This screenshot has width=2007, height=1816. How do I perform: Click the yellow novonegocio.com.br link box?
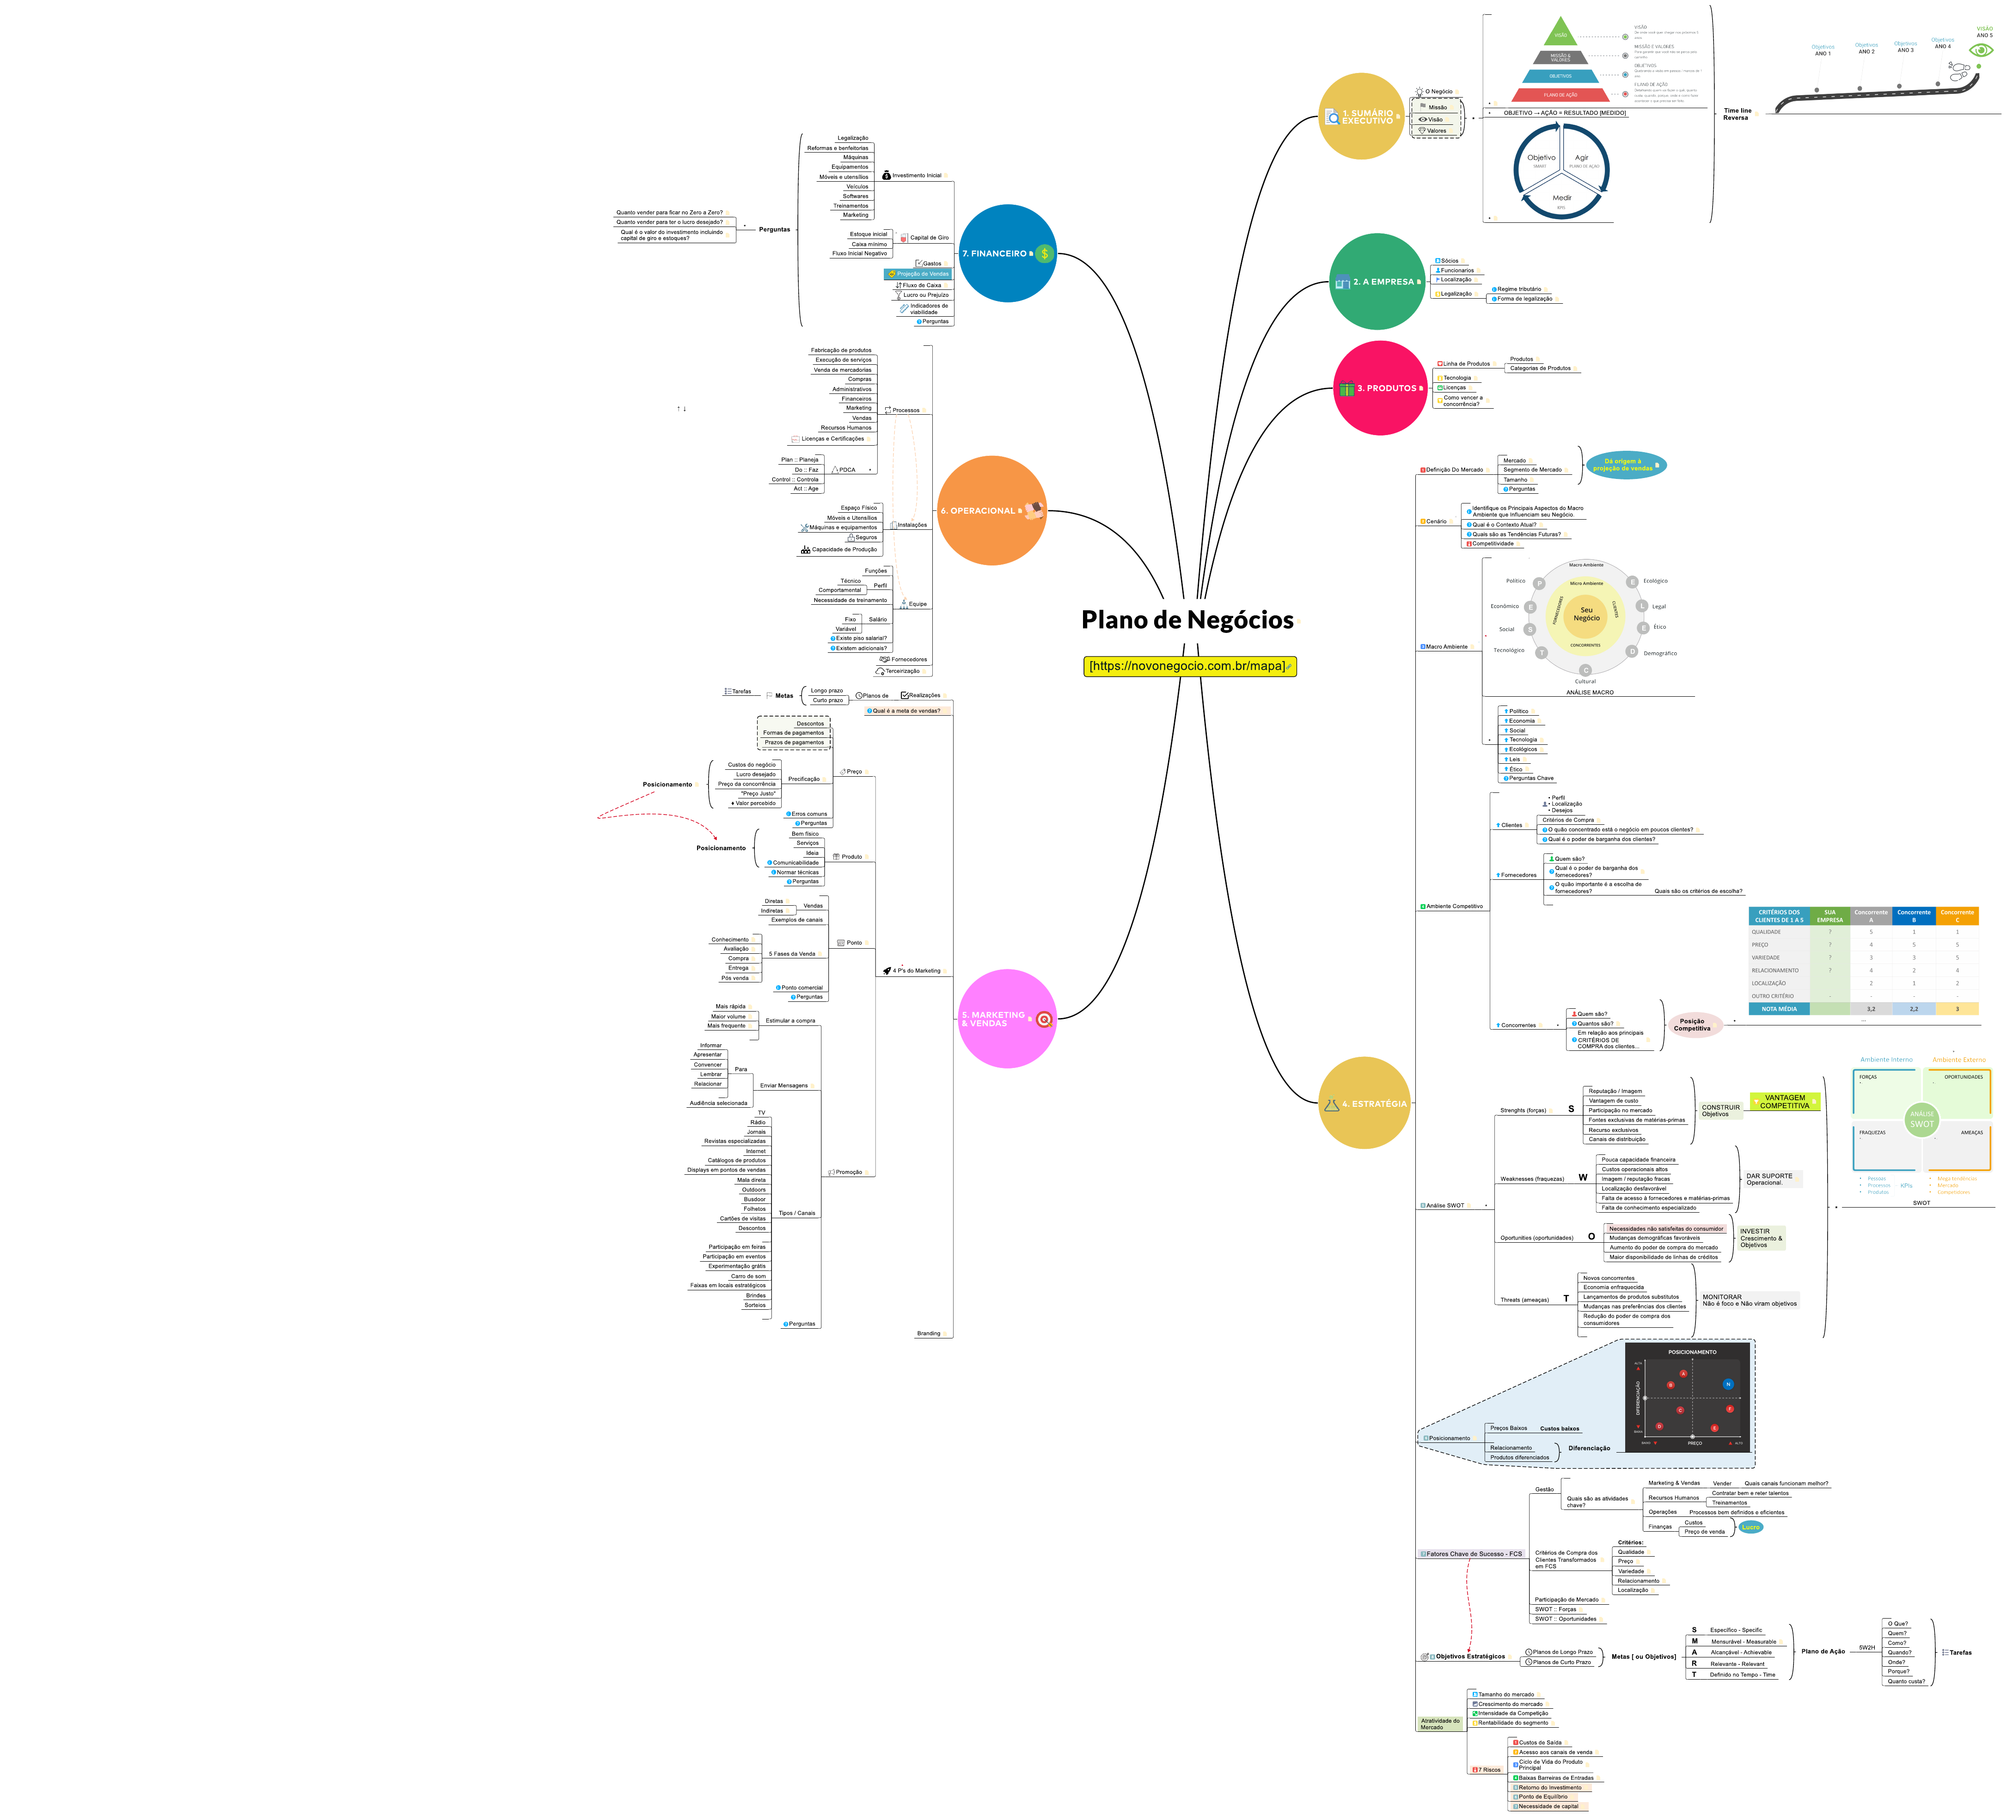tap(1190, 666)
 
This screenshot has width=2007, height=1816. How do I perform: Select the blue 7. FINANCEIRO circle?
tap(1006, 253)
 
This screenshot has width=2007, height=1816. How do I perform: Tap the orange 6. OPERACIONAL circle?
tap(991, 511)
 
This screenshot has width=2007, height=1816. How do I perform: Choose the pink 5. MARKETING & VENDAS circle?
tap(1006, 1018)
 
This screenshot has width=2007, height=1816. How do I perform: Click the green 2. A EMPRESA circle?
tap(1377, 282)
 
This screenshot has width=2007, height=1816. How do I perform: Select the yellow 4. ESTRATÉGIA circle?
tap(1364, 1103)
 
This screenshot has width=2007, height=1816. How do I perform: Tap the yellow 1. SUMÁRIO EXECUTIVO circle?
tap(1361, 117)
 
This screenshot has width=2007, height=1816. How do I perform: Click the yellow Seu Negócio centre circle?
tap(1586, 614)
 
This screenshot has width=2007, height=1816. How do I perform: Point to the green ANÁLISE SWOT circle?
tap(1921, 1119)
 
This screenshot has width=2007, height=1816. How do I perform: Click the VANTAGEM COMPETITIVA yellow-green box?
tap(1784, 1101)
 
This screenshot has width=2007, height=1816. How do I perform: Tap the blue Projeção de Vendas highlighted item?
tap(919, 274)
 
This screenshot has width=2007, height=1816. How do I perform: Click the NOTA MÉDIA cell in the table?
tap(1779, 1009)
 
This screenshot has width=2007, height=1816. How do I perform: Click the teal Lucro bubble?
tap(1750, 1526)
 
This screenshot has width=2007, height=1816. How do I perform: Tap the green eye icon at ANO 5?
tap(1981, 50)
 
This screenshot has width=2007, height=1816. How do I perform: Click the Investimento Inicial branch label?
tap(916, 175)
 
